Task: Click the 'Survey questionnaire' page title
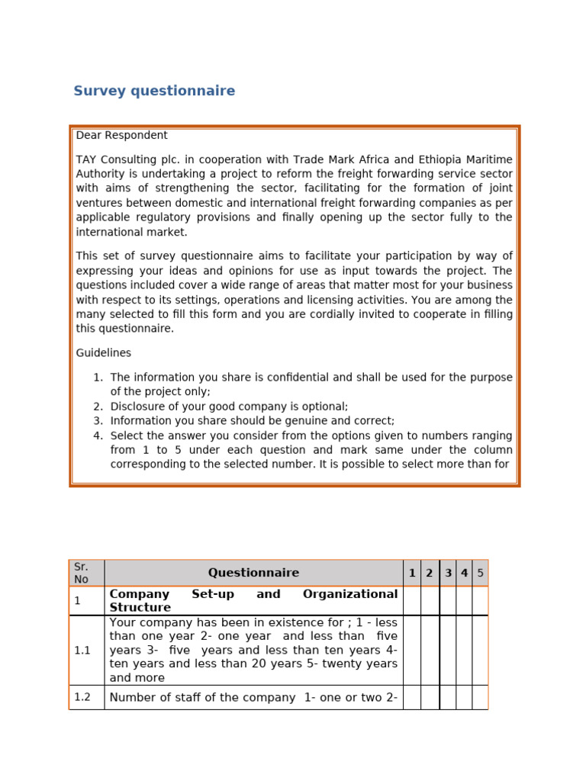pos(154,92)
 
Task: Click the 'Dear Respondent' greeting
pos(121,136)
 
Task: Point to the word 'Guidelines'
pos(103,353)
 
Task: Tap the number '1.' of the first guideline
pos(98,378)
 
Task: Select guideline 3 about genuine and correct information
pos(252,421)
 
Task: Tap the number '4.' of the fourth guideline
pos(98,436)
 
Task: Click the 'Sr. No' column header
pos(82,573)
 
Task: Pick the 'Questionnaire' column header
pos(253,573)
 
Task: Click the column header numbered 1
pos(412,573)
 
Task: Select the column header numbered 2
pos(430,573)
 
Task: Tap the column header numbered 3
pos(448,573)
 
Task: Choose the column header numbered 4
pos(464,573)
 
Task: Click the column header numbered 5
pos(480,573)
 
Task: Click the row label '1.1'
pos(82,651)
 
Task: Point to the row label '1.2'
pos(82,697)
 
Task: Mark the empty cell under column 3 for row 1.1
pos(448,651)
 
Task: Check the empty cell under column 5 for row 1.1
pos(480,651)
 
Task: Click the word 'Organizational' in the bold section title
pos(350,594)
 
